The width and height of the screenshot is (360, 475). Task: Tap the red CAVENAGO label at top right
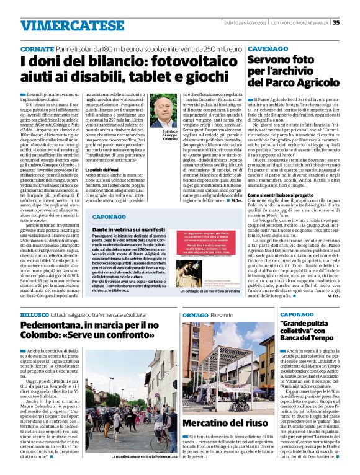[268, 48]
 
